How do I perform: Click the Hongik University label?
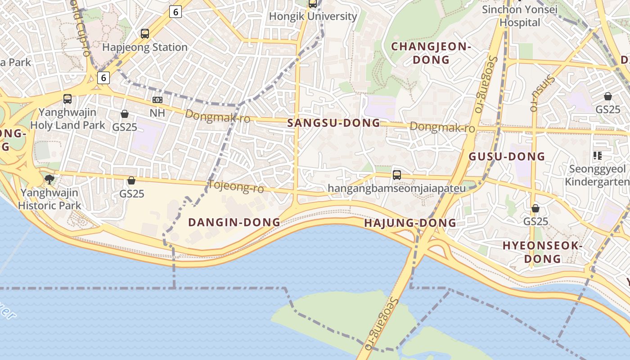[313, 17]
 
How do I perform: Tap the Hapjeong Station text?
[145, 47]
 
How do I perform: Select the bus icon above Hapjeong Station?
[145, 33]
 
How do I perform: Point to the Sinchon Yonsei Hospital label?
[520, 16]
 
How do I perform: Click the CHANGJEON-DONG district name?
[431, 53]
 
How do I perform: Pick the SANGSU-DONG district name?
[333, 123]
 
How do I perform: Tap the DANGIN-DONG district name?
[234, 222]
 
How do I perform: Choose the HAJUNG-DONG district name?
[410, 223]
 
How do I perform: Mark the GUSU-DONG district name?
[507, 157]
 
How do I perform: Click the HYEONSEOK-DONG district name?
[543, 252]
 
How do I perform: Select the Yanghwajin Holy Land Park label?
[67, 119]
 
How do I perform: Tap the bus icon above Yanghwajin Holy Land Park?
[67, 99]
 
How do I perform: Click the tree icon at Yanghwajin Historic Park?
[49, 180]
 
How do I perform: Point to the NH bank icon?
[157, 100]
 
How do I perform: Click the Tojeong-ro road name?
[236, 186]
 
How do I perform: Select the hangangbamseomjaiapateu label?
[397, 188]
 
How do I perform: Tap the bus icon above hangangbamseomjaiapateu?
[397, 175]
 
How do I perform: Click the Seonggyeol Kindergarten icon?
[598, 156]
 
